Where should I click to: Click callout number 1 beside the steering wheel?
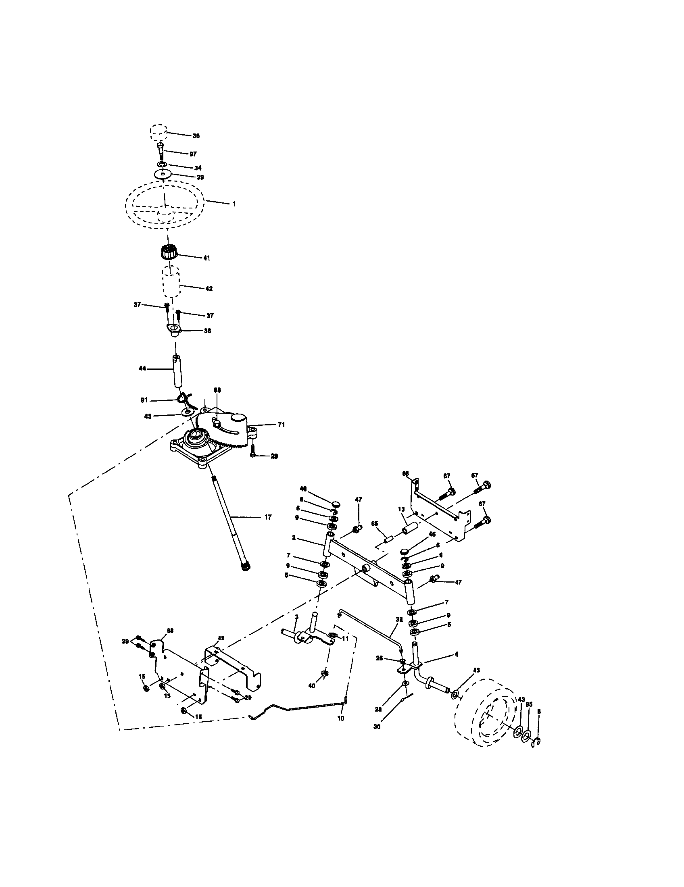234,204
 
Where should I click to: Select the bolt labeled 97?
161,151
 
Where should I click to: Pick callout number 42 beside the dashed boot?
209,289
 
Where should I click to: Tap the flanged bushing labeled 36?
174,329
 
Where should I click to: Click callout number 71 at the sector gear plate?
281,425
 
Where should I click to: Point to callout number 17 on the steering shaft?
268,517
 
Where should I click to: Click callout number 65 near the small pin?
374,524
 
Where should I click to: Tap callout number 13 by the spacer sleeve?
401,509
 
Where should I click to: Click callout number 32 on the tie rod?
399,619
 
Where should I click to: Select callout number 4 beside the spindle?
456,654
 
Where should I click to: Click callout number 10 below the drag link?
340,718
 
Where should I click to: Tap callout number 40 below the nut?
312,685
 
